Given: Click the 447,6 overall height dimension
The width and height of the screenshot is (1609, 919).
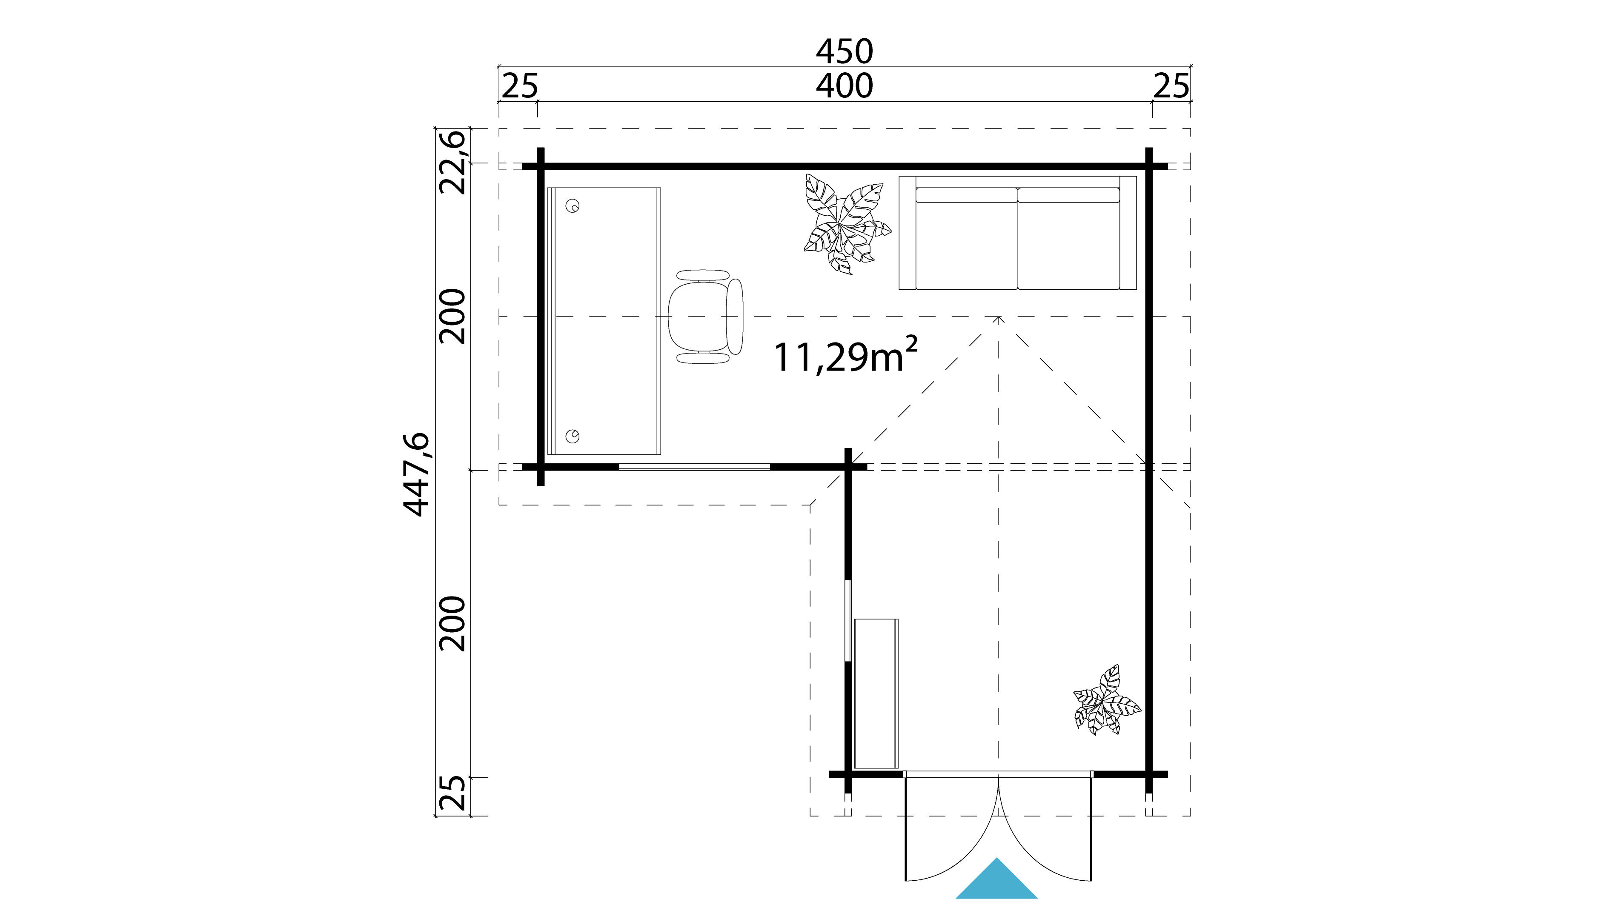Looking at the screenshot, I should [x=417, y=475].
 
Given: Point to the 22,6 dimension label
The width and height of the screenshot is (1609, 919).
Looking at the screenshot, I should [x=453, y=162].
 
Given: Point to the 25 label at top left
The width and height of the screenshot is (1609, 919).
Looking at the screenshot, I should [x=519, y=86].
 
